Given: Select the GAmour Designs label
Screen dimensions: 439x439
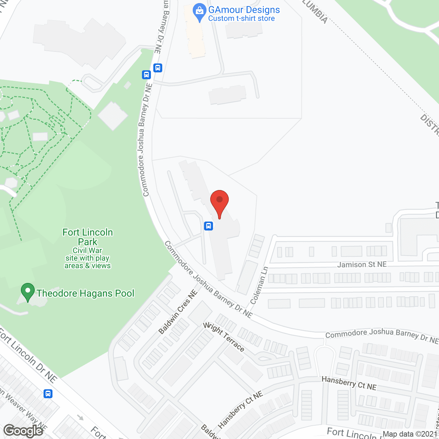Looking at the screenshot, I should [244, 10].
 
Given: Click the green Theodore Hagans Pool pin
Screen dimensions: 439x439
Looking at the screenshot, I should [28, 291].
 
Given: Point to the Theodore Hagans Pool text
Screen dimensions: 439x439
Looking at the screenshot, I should [85, 294].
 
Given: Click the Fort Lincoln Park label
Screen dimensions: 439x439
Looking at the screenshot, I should [88, 237].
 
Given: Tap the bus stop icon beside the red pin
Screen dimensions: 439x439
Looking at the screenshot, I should [209, 226].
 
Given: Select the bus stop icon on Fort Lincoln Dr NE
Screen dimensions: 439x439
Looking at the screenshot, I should [48, 394].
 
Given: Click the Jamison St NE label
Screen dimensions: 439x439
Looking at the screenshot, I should [362, 264].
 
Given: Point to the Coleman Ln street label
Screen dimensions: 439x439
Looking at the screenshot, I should [259, 285].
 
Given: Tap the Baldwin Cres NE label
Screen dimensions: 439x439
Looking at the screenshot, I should [178, 312].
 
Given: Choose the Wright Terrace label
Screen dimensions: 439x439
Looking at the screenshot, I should [224, 337].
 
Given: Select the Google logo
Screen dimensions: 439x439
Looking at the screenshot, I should [23, 431].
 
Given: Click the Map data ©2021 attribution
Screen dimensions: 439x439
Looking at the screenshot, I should [410, 434].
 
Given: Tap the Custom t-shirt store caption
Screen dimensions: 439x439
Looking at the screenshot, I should [241, 19].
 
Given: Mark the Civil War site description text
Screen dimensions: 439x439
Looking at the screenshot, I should [87, 258].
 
